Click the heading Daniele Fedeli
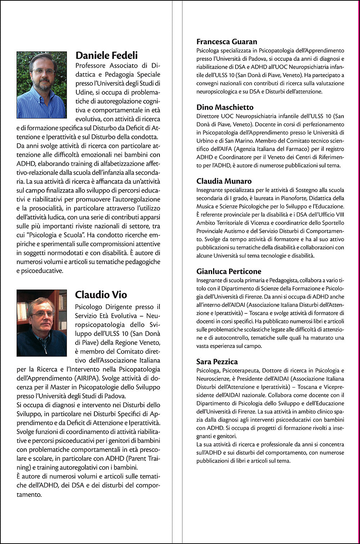tap(107, 55)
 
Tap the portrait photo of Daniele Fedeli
tap(41, 85)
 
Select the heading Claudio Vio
tap(101, 295)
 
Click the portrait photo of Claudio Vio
tap(41, 323)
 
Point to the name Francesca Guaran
tap(227, 42)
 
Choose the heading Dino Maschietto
tap(225, 107)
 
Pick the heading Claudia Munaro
tap(224, 181)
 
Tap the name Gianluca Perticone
tap(229, 272)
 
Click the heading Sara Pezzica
tap(217, 362)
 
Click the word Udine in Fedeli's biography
tap(84, 92)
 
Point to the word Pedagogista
tap(282, 280)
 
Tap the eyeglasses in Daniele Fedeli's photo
tap(43, 71)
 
